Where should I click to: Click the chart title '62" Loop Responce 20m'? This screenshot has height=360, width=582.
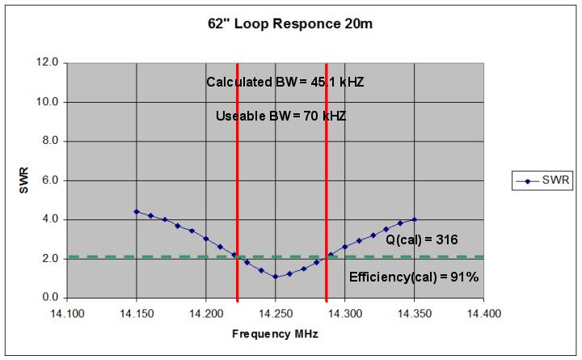pyautogui.click(x=290, y=23)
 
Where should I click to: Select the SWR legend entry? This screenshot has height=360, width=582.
pyautogui.click(x=541, y=181)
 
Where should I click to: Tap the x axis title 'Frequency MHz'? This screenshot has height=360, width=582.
pyautogui.click(x=276, y=333)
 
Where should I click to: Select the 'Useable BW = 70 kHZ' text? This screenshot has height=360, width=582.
pyautogui.click(x=280, y=116)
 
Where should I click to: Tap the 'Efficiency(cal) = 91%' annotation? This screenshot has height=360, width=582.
pyautogui.click(x=414, y=277)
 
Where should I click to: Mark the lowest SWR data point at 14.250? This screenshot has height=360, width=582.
pyautogui.click(x=276, y=277)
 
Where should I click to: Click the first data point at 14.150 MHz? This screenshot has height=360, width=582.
pyautogui.click(x=137, y=211)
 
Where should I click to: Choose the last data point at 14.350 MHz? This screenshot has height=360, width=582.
pyautogui.click(x=415, y=219)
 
